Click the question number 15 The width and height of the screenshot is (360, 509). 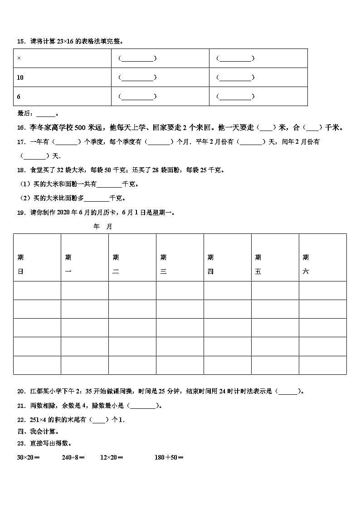tap(20, 41)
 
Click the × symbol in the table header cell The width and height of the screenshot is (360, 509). tap(19, 58)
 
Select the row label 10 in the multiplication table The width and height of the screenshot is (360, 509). tap(20, 78)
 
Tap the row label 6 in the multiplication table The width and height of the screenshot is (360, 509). tap(19, 97)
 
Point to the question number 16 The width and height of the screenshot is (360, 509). tap(20, 128)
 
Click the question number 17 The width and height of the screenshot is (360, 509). tap(20, 142)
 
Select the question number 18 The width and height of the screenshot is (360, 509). tap(20, 170)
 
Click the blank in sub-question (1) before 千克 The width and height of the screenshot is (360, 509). tap(109, 184)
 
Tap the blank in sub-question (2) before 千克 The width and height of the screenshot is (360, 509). tap(97, 198)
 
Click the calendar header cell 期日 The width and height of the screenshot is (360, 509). tap(21, 264)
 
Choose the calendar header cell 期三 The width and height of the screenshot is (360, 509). tap(163, 264)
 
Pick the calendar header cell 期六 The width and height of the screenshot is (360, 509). tap(306, 264)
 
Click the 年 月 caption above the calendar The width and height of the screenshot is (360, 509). tap(102, 227)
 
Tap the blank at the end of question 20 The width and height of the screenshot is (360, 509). tap(288, 392)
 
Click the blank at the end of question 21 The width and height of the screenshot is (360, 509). tap(143, 406)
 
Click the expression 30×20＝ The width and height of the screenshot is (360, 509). tap(29, 457)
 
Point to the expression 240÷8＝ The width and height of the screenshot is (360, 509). tap(73, 457)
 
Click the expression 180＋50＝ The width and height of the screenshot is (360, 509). tap(169, 457)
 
